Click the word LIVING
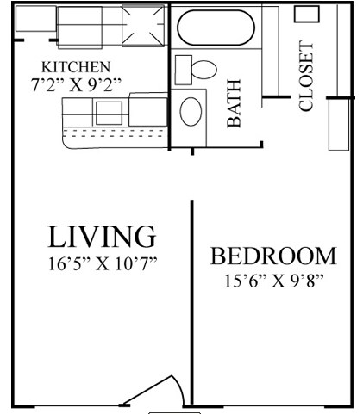pos(101,236)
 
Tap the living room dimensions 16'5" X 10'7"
pos(101,263)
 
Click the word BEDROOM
pos(272,256)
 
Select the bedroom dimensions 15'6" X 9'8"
pos(272,281)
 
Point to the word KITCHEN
pos(76,67)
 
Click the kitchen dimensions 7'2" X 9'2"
pos(76,83)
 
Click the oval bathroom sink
pos(192,112)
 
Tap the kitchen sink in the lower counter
pos(110,112)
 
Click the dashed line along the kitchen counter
pos(112,133)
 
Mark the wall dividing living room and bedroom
pos(191,301)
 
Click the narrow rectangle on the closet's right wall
pos(336,125)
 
